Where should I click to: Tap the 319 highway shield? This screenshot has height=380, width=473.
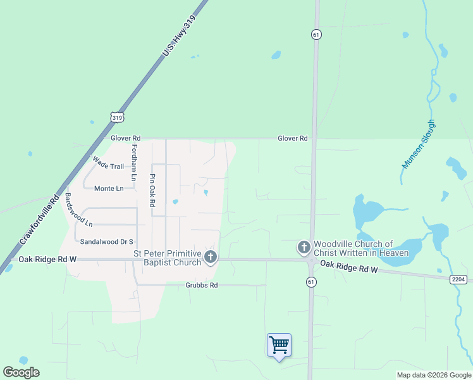[116, 117]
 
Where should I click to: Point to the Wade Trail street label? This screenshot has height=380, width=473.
[108, 166]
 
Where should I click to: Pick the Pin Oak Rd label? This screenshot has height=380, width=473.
[152, 190]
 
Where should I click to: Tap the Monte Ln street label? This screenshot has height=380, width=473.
[109, 189]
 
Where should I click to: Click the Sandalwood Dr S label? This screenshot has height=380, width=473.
[106, 241]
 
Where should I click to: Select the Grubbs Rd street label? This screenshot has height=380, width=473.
[201, 286]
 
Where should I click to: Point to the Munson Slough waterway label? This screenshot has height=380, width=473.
[418, 144]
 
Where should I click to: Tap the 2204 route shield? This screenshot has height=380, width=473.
[459, 279]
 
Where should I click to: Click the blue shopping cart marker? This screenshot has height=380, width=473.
[279, 346]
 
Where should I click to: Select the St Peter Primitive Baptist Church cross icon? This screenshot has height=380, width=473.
[211, 257]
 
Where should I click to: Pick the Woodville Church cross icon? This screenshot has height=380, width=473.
[304, 247]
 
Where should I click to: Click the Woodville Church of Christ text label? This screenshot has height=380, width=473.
[361, 248]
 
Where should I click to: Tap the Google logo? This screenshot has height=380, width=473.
[21, 372]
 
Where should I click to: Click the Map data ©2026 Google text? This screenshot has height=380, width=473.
[433, 375]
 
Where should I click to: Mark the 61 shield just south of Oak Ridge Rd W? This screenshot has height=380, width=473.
[311, 281]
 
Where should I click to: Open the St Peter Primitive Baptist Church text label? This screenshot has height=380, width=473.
[167, 258]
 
